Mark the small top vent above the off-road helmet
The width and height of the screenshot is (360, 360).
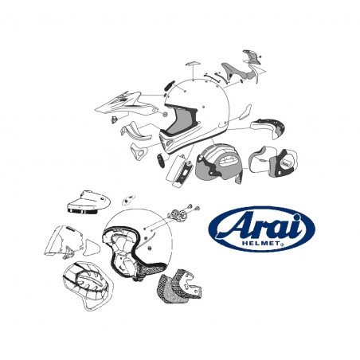pos(191,64)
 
